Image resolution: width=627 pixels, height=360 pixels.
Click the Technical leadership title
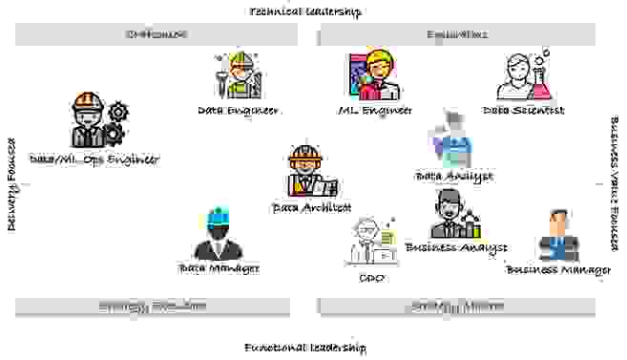[305, 11]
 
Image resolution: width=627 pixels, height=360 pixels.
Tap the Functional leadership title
[304, 348]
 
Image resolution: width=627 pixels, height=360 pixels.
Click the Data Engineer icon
[236, 74]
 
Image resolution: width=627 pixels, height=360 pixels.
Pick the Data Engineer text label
[238, 111]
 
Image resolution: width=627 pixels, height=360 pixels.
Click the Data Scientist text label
[523, 111]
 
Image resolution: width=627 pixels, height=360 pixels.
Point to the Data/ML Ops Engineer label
[94, 159]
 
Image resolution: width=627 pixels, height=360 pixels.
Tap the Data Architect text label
[312, 206]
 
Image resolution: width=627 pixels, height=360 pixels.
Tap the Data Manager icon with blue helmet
[219, 234]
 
